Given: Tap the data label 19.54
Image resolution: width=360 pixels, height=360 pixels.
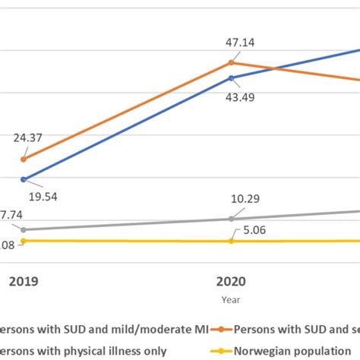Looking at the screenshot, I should pos(43,196).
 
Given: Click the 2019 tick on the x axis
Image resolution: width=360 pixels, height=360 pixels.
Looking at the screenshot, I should pos(24,280).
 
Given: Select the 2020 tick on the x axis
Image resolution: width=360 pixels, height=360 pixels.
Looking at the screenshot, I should pos(232,280).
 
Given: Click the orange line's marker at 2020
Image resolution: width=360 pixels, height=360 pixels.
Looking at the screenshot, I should pos(232,63).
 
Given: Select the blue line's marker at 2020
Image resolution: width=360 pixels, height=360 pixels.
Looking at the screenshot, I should pos(232,77).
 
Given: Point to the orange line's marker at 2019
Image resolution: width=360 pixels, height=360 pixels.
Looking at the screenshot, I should pos(24,159).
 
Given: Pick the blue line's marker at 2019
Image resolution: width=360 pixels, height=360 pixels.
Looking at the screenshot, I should pos(24,179).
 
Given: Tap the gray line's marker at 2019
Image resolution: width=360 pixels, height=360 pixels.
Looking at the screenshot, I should pos(24,229).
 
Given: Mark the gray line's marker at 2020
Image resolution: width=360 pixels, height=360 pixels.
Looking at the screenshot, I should pos(232,219).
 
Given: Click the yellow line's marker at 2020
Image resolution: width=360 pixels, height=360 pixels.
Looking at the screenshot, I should pos(232,241).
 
